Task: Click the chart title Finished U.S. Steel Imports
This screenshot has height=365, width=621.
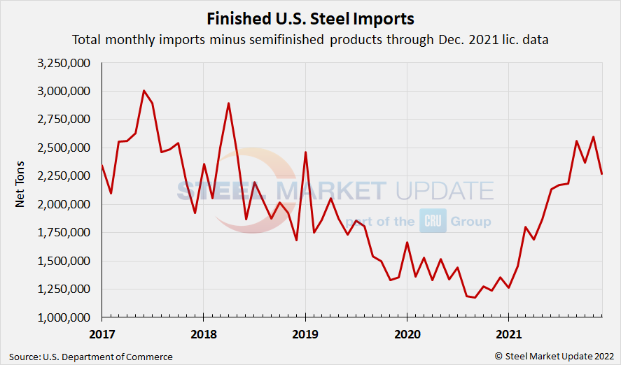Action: click(310, 18)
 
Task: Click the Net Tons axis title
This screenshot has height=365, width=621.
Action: click(21, 189)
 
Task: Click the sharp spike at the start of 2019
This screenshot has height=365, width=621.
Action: click(305, 152)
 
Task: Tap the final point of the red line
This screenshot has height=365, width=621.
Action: click(601, 174)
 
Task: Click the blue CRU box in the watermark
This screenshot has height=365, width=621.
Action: click(434, 221)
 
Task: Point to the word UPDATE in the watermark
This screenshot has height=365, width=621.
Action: click(443, 191)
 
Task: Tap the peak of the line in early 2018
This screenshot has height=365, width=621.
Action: click(228, 103)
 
